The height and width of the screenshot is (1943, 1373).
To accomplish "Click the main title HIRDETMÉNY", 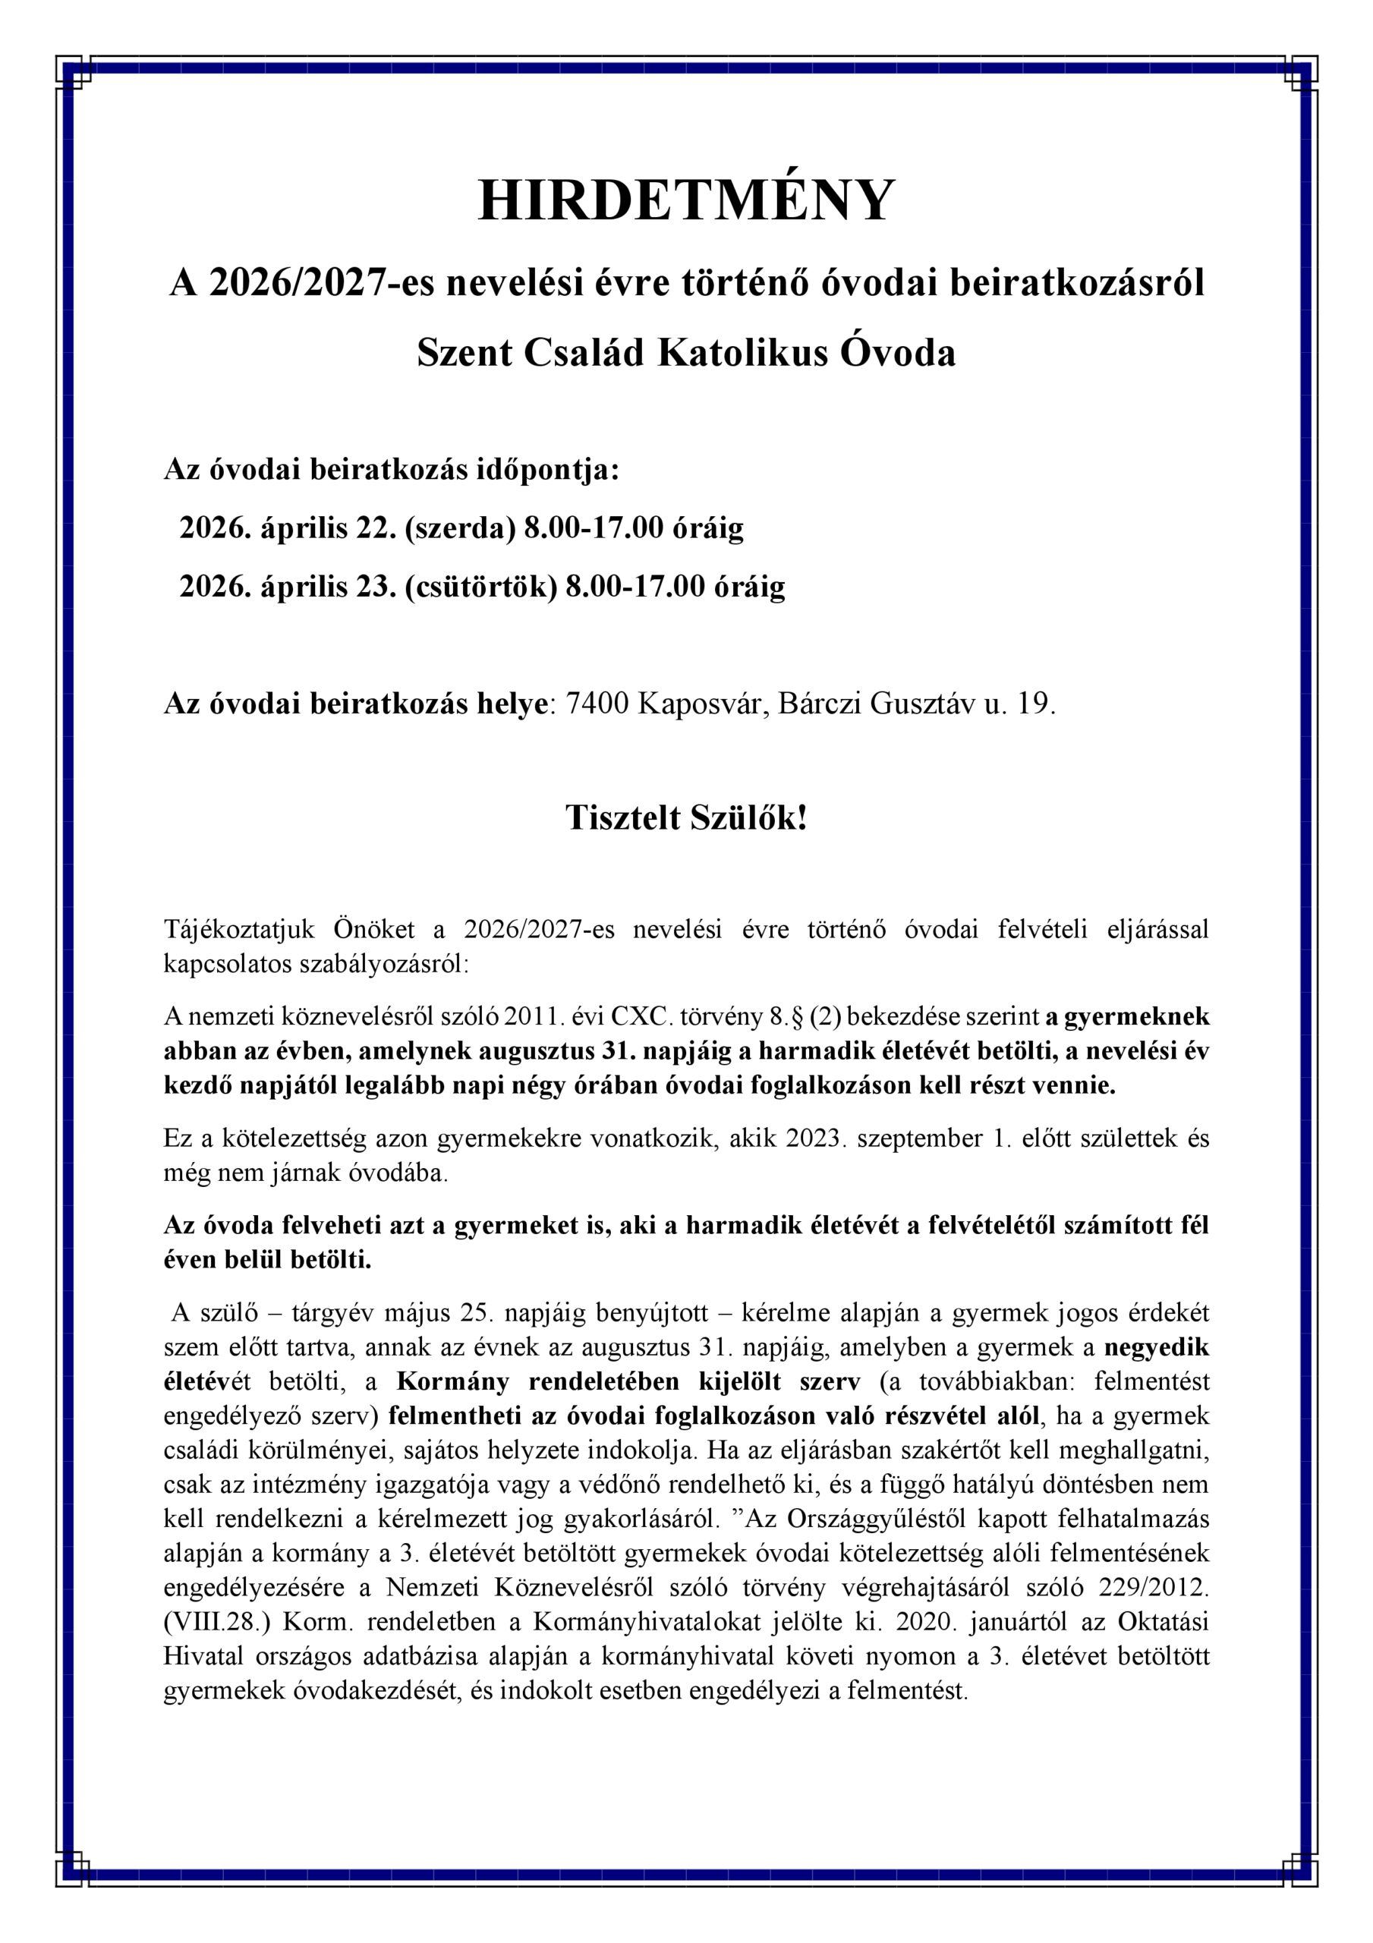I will tap(686, 201).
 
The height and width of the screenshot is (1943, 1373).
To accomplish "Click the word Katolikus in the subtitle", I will tap(742, 353).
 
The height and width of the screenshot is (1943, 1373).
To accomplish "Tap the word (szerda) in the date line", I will tap(460, 528).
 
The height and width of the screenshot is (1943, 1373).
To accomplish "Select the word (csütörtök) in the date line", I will tap(480, 587).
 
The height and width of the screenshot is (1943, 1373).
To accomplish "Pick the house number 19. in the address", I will tap(1036, 704).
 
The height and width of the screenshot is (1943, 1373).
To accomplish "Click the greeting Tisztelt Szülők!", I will tap(686, 817).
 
